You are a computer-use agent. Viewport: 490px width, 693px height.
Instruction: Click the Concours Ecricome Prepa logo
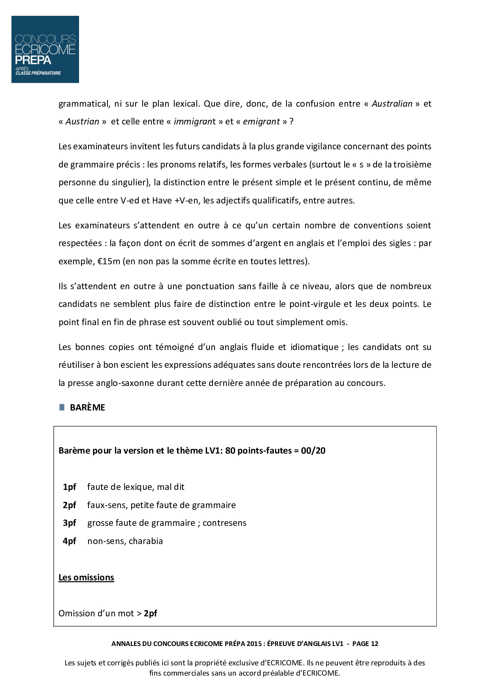pyautogui.click(x=45, y=49)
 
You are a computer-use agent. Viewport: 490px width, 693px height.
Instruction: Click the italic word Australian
pyautogui.click(x=392, y=104)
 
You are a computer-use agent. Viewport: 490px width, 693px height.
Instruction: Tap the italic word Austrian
pyautogui.click(x=82, y=122)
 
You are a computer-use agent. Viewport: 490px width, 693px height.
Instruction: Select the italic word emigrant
pyautogui.click(x=261, y=122)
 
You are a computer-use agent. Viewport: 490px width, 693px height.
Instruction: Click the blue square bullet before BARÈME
pyautogui.click(x=62, y=407)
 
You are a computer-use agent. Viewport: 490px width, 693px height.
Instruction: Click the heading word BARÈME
pyautogui.click(x=87, y=408)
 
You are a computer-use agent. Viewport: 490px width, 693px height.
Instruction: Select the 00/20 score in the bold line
pyautogui.click(x=313, y=451)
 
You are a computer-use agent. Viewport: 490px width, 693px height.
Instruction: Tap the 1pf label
pyautogui.click(x=69, y=487)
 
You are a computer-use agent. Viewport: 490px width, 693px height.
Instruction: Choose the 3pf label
pyautogui.click(x=69, y=523)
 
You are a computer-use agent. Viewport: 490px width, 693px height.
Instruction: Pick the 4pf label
pyautogui.click(x=69, y=541)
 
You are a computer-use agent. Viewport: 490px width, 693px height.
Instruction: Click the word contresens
pyautogui.click(x=224, y=523)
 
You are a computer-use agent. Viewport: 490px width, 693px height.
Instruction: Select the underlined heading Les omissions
pyautogui.click(x=86, y=578)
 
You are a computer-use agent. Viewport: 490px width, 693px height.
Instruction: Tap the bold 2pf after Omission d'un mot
pyautogui.click(x=150, y=614)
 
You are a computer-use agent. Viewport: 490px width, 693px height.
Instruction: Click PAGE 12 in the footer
pyautogui.click(x=365, y=644)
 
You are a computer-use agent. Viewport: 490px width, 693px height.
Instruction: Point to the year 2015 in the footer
pyautogui.click(x=254, y=644)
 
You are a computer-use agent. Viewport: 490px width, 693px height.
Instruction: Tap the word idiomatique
pyautogui.click(x=315, y=347)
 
